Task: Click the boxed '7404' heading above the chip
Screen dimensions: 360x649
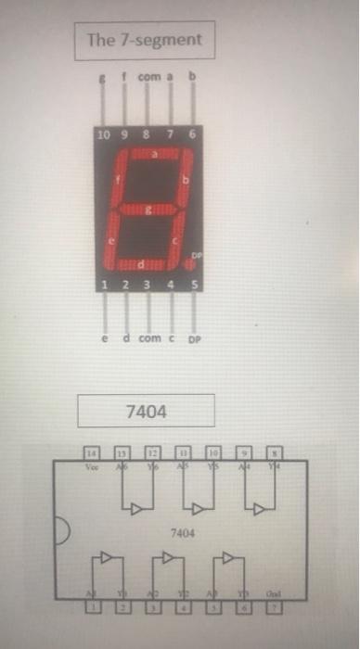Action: pyautogui.click(x=145, y=410)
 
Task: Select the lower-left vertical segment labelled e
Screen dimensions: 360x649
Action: pyautogui.click(x=111, y=238)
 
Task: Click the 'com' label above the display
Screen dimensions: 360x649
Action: pyautogui.click(x=149, y=79)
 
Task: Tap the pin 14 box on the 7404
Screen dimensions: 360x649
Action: pyautogui.click(x=91, y=451)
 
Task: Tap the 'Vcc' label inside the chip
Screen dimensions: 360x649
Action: pyautogui.click(x=91, y=468)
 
